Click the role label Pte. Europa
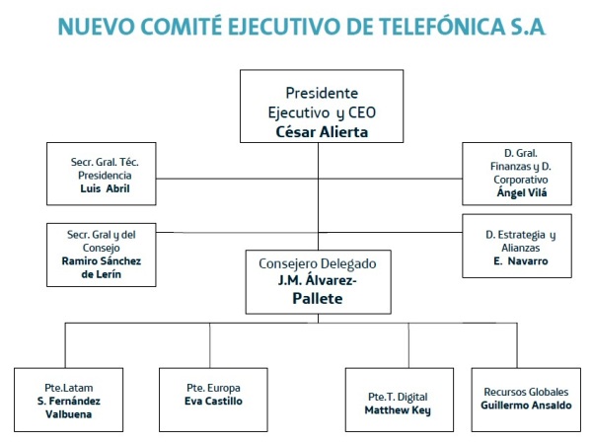tap(213, 388)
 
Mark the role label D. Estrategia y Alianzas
tap(521, 242)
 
